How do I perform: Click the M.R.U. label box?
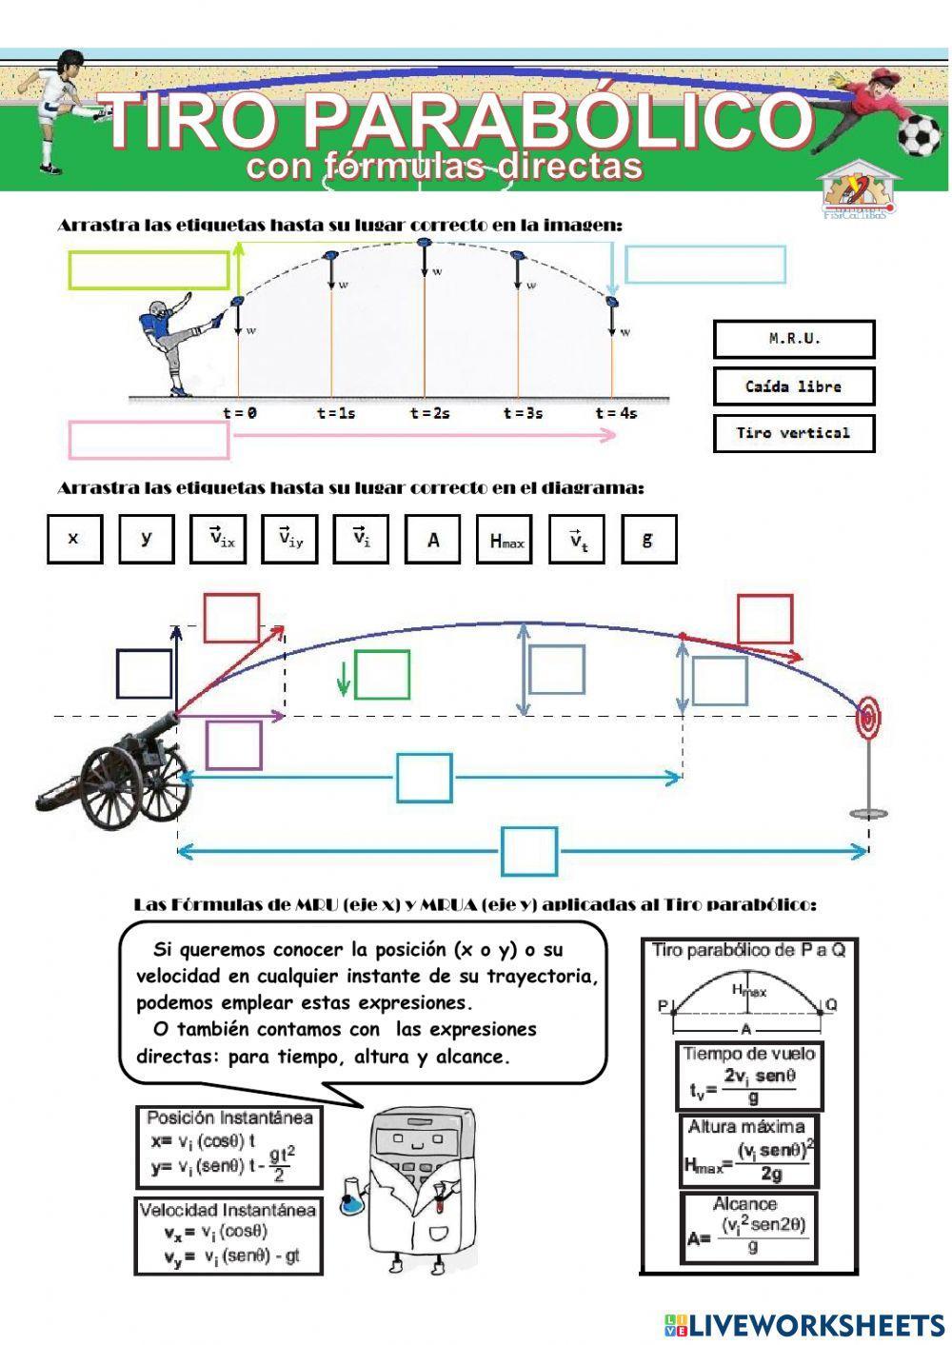[794, 339]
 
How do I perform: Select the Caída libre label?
[794, 386]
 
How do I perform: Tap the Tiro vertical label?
[794, 433]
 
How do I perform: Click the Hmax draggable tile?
[506, 540]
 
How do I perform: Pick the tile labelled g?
[648, 540]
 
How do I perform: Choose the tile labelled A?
[433, 540]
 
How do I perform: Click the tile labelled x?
[74, 540]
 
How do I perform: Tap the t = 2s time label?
[429, 413]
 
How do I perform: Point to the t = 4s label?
[616, 413]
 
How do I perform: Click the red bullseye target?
[867, 714]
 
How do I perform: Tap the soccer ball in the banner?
[920, 135]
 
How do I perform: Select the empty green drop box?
[383, 675]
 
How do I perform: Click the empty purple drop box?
[233, 744]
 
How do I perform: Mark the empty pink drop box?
[149, 439]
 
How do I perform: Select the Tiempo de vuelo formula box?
[750, 1077]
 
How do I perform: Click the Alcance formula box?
[748, 1228]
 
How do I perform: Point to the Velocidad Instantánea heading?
[228, 1211]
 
